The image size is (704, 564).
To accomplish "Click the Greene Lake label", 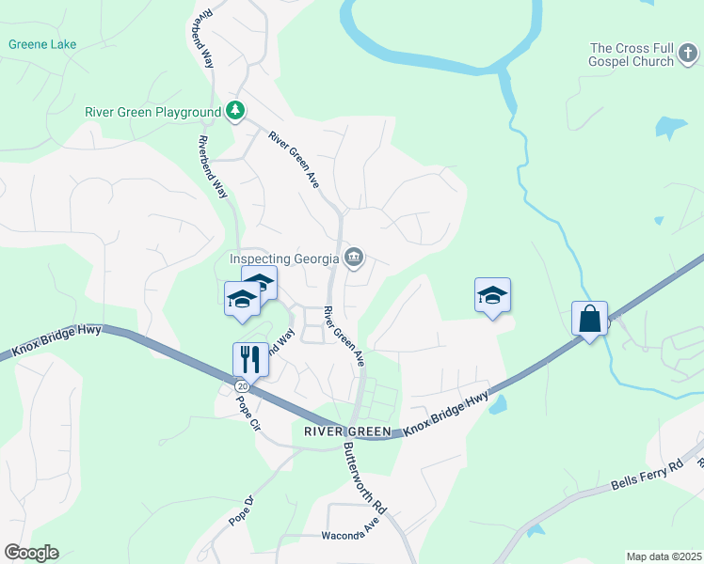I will [42, 44].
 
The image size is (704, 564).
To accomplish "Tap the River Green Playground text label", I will [152, 112].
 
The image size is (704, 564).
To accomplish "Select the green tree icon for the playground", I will [235, 112].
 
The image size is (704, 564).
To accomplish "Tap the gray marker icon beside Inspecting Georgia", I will [354, 258].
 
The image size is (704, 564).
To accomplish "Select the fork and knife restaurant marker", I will [250, 358].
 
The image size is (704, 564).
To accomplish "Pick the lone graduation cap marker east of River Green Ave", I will [492, 296].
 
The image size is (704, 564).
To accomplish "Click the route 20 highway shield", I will [242, 386].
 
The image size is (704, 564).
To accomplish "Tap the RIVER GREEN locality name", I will [347, 431].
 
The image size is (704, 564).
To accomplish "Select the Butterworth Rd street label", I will [365, 478].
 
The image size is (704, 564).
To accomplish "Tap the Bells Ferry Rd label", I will [646, 475].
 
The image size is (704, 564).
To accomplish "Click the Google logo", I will [31, 553].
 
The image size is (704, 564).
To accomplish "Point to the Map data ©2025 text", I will [664, 556].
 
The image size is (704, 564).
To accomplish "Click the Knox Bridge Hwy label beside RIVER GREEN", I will [448, 415].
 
